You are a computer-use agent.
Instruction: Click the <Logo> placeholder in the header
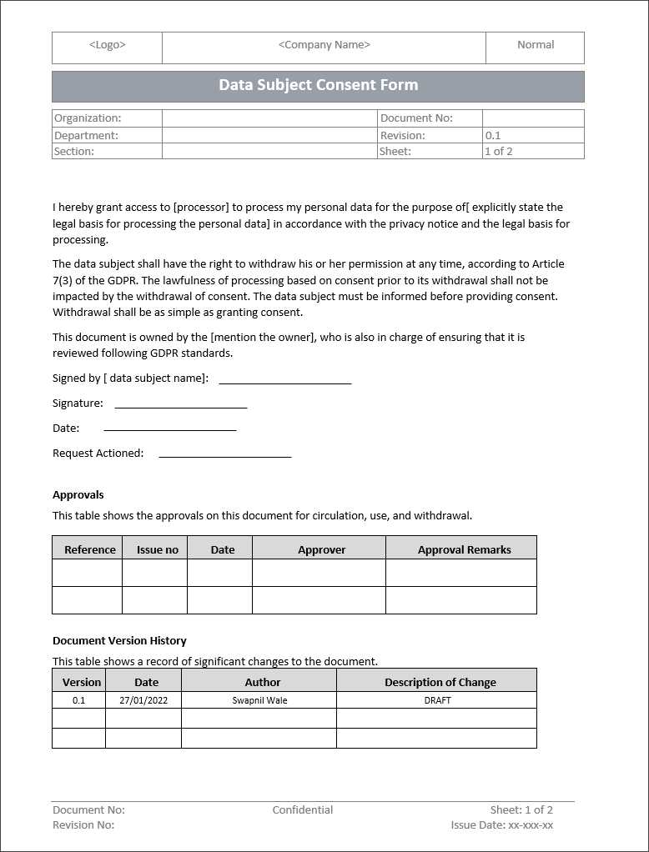coord(107,45)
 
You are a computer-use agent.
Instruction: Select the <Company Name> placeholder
coord(324,45)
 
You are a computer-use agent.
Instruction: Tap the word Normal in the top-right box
coord(535,45)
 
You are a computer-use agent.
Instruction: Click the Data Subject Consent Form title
coord(318,85)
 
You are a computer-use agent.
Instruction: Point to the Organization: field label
coord(88,118)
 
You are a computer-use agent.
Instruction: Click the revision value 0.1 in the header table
coord(493,135)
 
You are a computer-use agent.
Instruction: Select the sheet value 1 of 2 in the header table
coord(498,152)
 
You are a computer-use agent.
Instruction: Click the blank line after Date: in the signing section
coord(169,429)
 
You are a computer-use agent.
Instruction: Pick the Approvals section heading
coord(78,495)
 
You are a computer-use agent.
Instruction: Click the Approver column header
coord(321,550)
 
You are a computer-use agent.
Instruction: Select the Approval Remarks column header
coord(464,550)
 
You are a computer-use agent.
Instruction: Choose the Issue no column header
coord(157,550)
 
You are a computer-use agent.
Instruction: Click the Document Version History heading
coord(119,641)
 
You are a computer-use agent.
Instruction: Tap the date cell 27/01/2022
coord(143,700)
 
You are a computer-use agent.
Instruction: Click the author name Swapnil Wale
coord(259,700)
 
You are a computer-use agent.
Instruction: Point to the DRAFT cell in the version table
coord(437,700)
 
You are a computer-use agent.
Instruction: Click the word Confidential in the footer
coord(302,810)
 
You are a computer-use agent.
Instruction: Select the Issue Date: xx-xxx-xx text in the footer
coord(501,825)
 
